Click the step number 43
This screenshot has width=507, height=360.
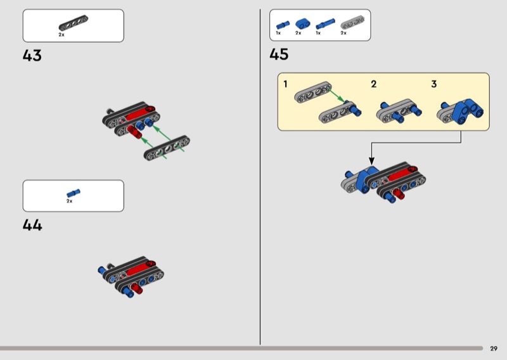click(x=32, y=55)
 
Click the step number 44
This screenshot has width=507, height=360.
click(x=32, y=225)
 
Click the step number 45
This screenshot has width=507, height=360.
click(x=279, y=54)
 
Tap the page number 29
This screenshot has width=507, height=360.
click(x=494, y=349)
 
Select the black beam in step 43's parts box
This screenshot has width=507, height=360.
click(x=73, y=23)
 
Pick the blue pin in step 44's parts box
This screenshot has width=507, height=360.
click(x=74, y=193)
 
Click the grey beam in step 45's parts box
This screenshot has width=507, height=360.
click(x=352, y=23)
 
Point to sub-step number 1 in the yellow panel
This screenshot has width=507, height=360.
click(x=285, y=84)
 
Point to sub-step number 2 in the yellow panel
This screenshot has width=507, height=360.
click(x=374, y=84)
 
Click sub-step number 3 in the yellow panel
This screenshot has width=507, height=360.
click(x=434, y=84)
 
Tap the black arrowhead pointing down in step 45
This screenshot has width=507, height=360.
click(x=371, y=161)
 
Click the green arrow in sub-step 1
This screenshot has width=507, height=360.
click(x=337, y=96)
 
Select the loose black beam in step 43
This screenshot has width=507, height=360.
click(x=167, y=148)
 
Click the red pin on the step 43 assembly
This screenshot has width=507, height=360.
click(x=134, y=132)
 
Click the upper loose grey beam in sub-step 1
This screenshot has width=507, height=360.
click(x=312, y=92)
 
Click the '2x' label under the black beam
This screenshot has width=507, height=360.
click(x=61, y=35)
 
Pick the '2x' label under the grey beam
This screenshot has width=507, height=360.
click(x=343, y=33)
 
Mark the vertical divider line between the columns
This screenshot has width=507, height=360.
click(x=260, y=177)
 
